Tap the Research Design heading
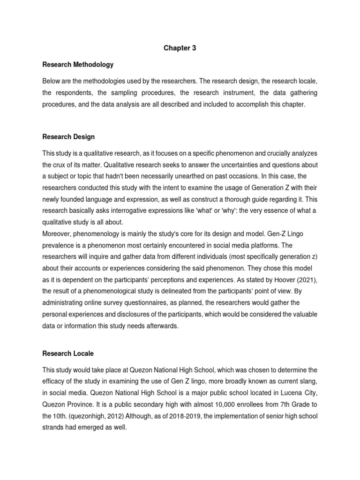click(x=68, y=137)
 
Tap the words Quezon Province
click(x=66, y=404)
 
